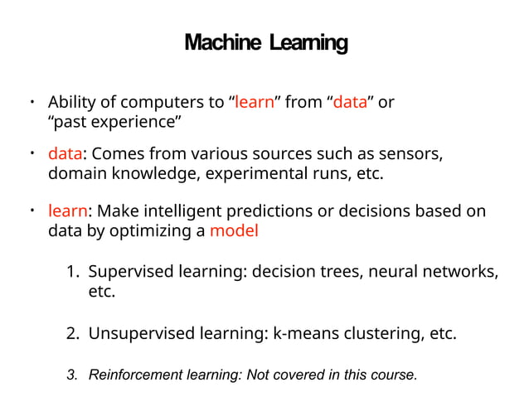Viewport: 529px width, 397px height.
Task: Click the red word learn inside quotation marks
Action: pos(255,103)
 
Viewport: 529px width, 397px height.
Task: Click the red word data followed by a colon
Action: pos(64,155)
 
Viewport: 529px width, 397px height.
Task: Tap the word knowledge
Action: pos(149,174)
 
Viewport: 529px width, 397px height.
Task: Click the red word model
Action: pos(234,230)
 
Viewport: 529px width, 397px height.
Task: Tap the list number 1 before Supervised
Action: pos(72,271)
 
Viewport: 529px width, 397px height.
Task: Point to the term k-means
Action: pos(303,334)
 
